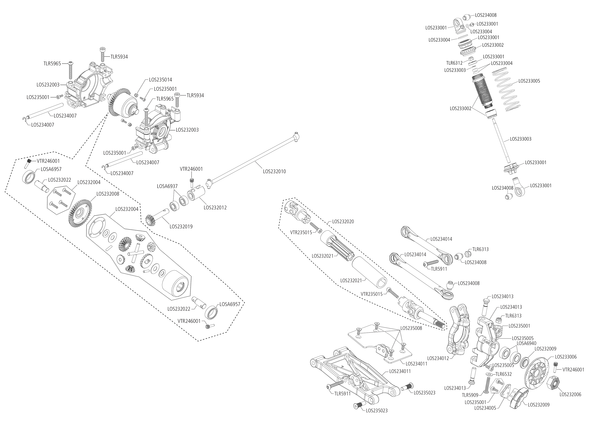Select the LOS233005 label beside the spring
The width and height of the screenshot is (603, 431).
coord(529,81)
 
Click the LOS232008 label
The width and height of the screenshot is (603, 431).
coord(108,194)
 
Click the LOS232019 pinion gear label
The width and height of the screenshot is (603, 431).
coord(181,227)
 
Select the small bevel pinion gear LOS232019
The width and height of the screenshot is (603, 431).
coord(151,220)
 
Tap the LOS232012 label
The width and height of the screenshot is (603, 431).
coord(215,207)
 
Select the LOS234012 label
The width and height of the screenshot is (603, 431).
coord(438,358)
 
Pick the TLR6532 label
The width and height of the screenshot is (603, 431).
coord(504,374)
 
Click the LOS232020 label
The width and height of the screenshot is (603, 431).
coord(343,222)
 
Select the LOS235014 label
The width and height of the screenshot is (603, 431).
coord(160,80)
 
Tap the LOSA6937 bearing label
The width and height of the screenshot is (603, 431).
coord(167,187)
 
